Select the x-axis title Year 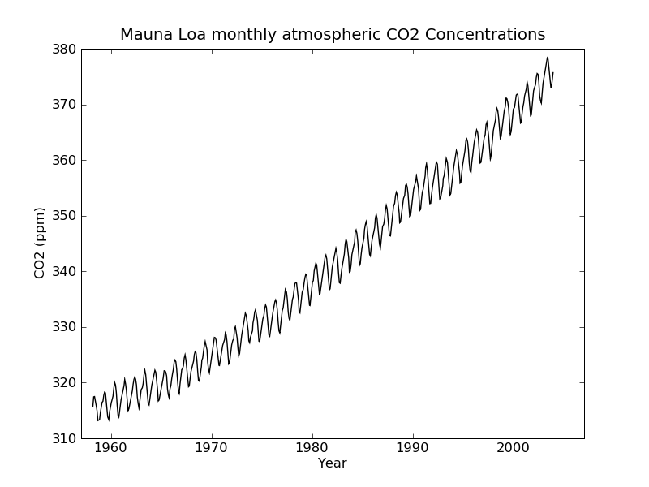(x=333, y=463)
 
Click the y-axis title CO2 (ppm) (x=40, y=243)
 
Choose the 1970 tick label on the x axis (x=212, y=447)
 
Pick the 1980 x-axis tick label (x=312, y=447)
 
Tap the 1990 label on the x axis (x=413, y=447)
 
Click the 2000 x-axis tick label (x=514, y=447)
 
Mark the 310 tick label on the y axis (x=65, y=438)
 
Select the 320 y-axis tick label (x=65, y=382)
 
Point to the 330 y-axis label (x=65, y=327)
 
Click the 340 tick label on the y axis (x=65, y=271)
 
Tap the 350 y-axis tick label (x=65, y=216)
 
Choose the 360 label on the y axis (x=65, y=160)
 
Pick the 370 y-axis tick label (x=65, y=105)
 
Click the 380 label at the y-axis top (x=65, y=49)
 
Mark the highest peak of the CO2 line (x=548, y=58)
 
